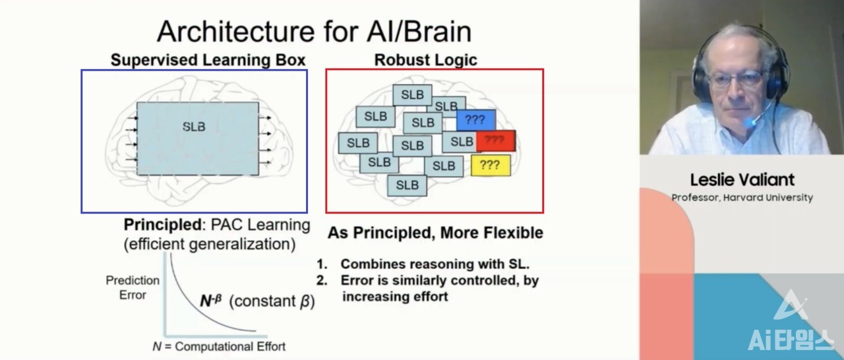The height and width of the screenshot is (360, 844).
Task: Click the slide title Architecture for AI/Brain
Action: click(x=314, y=31)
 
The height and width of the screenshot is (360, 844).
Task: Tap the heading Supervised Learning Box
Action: click(x=208, y=60)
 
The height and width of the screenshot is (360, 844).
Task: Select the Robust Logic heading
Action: click(x=425, y=60)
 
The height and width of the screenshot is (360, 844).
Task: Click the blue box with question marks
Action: click(x=475, y=120)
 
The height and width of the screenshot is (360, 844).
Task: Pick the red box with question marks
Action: click(x=495, y=140)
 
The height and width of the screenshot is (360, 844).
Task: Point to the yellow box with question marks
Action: click(x=490, y=165)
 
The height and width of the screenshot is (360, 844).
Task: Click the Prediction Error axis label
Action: click(x=133, y=287)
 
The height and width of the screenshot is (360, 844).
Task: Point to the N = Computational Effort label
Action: click(x=219, y=346)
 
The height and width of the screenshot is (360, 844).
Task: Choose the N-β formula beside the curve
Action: click(x=212, y=301)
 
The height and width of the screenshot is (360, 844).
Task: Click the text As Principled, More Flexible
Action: click(x=435, y=233)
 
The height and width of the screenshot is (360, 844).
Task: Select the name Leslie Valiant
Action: click(x=742, y=179)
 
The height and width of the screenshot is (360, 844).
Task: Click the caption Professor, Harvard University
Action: click(x=742, y=197)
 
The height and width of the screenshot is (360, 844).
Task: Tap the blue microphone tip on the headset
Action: click(x=750, y=123)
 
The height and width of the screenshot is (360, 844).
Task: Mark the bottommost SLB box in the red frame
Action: click(x=407, y=185)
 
